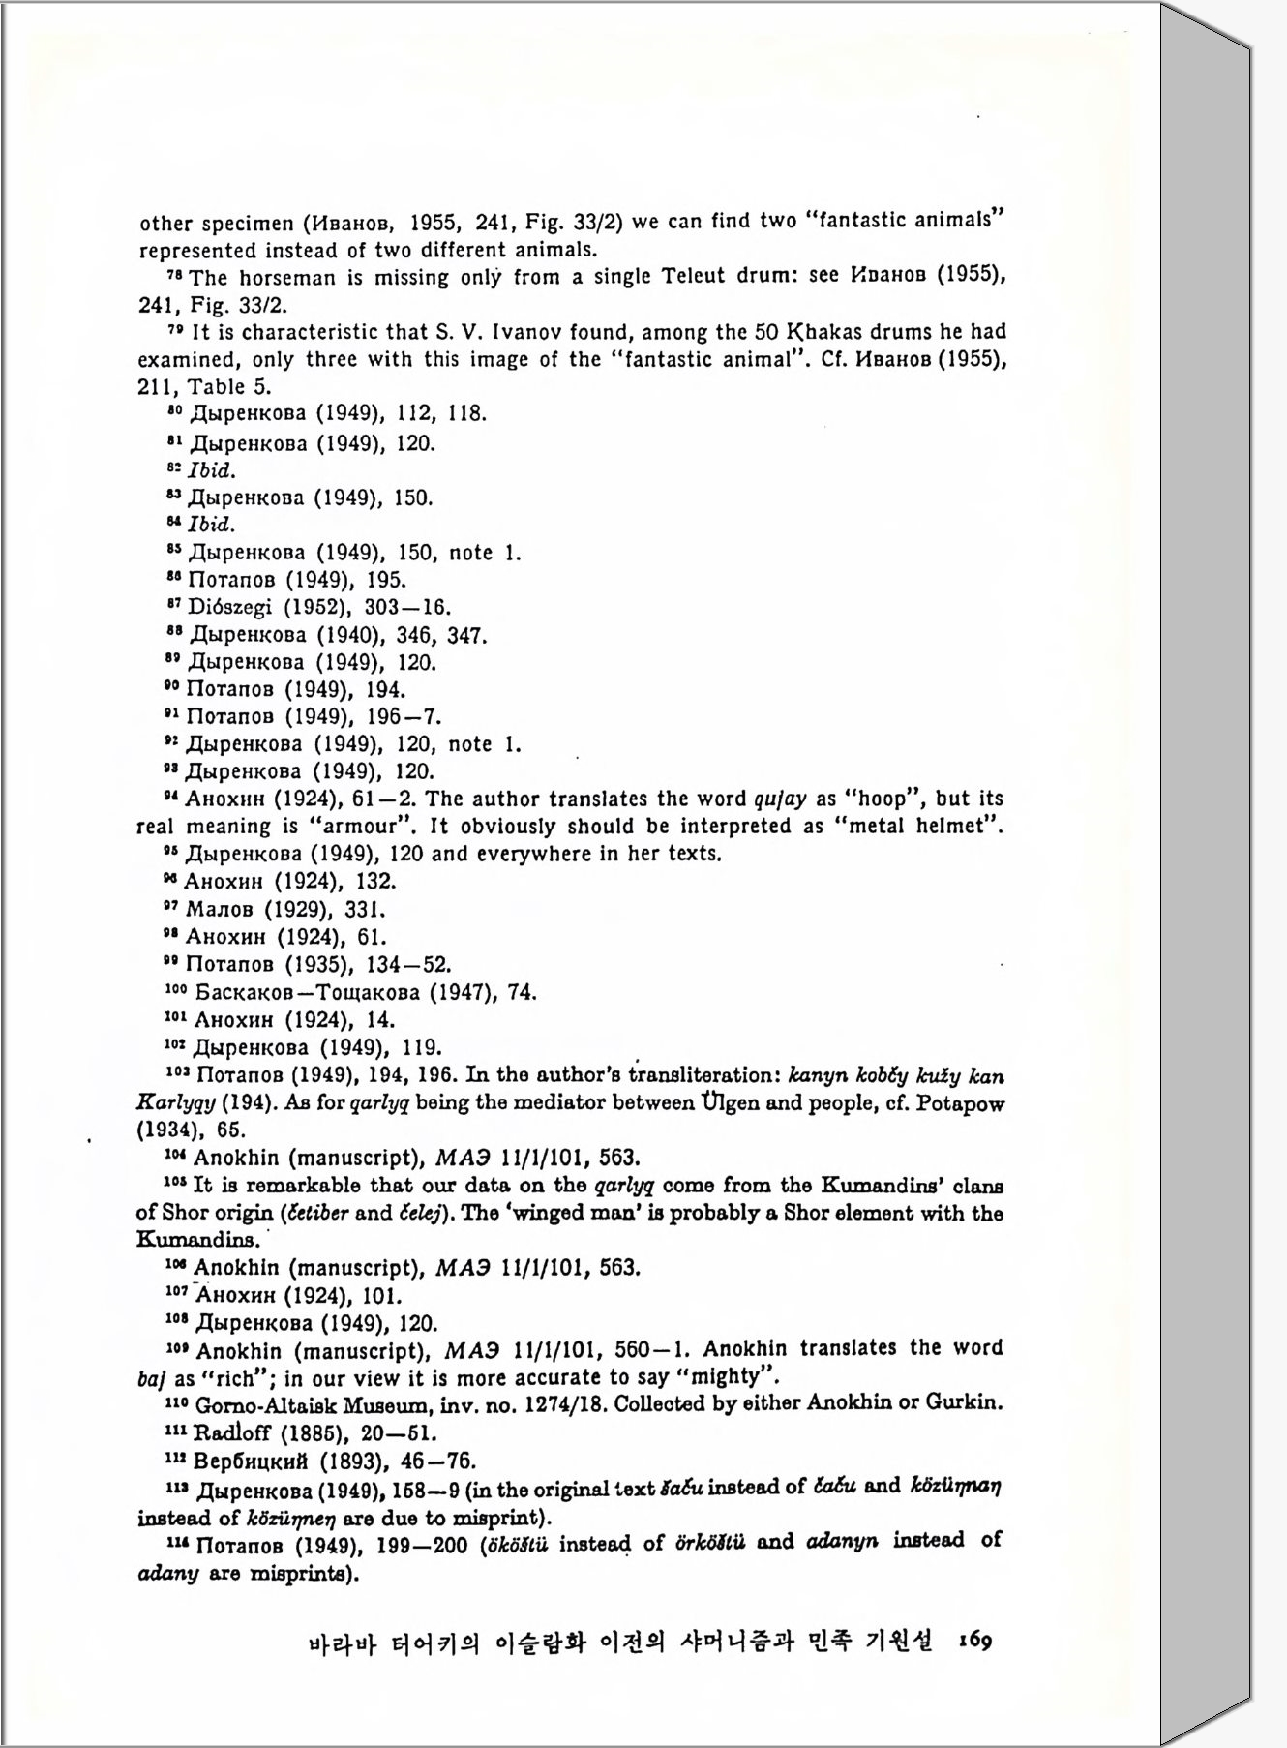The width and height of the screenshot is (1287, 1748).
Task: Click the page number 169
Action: [x=974, y=1641]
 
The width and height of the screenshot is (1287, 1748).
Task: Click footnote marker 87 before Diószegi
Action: [x=173, y=605]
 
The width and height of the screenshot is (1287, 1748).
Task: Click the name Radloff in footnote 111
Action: [x=232, y=1432]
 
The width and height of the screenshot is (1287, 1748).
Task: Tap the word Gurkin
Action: [x=964, y=1402]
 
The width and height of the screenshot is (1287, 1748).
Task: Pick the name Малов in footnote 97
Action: [x=220, y=910]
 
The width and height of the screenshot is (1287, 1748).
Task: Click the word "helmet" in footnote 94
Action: [x=963, y=827]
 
